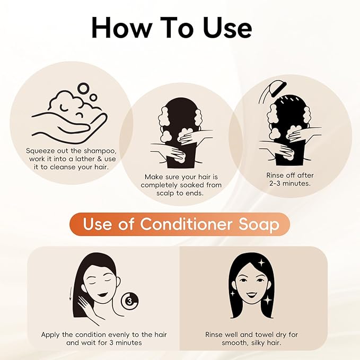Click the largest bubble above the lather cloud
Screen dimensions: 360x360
[x=83, y=89]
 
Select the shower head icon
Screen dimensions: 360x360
[x=273, y=93]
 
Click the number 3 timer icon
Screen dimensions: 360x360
[x=130, y=301]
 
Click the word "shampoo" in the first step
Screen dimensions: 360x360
[x=100, y=151]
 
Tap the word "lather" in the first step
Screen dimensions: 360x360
[x=85, y=159]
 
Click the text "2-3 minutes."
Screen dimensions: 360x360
[x=290, y=183]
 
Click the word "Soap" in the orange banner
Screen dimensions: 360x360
[x=259, y=225]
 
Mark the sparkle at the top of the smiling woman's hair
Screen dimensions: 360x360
[x=262, y=262]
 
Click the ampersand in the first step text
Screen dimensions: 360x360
[x=100, y=159]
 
